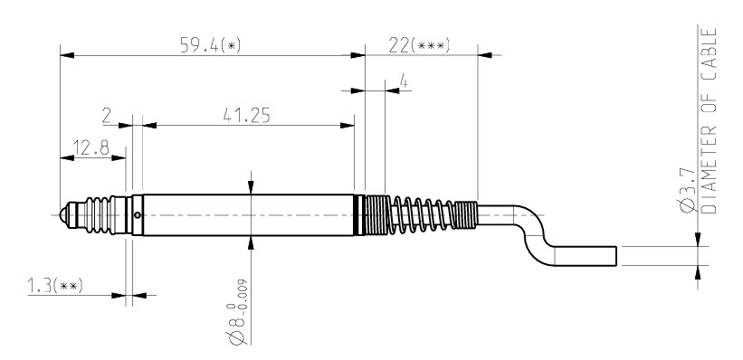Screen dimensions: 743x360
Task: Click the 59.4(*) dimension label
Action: (210, 45)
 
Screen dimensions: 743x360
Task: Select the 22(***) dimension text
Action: (419, 45)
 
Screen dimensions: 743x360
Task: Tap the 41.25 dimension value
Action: (246, 116)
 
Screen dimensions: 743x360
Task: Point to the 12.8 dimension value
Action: (91, 147)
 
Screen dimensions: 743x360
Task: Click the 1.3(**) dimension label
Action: (55, 286)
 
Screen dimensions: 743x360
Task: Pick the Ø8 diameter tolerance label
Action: (238, 312)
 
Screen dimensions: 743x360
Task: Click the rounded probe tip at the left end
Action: (62, 215)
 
